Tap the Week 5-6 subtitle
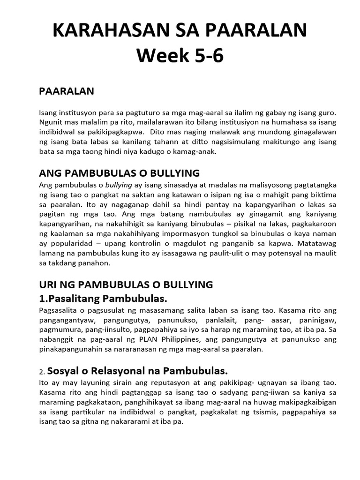pos(180,56)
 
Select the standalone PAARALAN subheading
pos(66,91)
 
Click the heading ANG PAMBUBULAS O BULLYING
pos(119,172)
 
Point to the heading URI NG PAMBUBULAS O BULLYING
pos(126,285)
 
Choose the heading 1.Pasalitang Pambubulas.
pos(103,299)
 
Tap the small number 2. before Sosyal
pos(42,372)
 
